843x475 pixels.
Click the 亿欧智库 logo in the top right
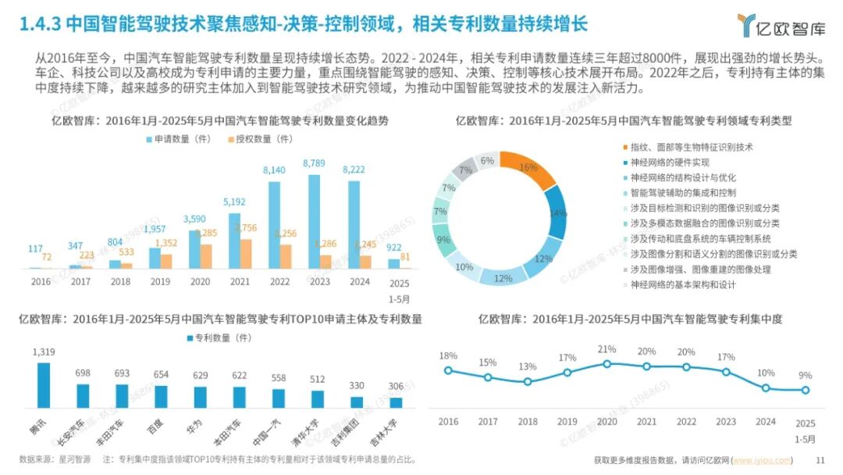[781, 26]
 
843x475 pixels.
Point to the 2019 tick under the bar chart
[159, 281]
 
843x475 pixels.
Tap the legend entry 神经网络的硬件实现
[670, 162]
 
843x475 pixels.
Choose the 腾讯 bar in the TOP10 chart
[44, 386]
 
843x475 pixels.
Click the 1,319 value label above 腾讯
[44, 352]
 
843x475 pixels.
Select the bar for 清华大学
[318, 399]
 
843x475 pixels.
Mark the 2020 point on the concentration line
[606, 363]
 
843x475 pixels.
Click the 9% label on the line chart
[805, 375]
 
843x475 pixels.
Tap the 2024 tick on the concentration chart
[766, 422]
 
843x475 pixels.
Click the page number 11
[820, 460]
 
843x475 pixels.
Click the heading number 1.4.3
[39, 23]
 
